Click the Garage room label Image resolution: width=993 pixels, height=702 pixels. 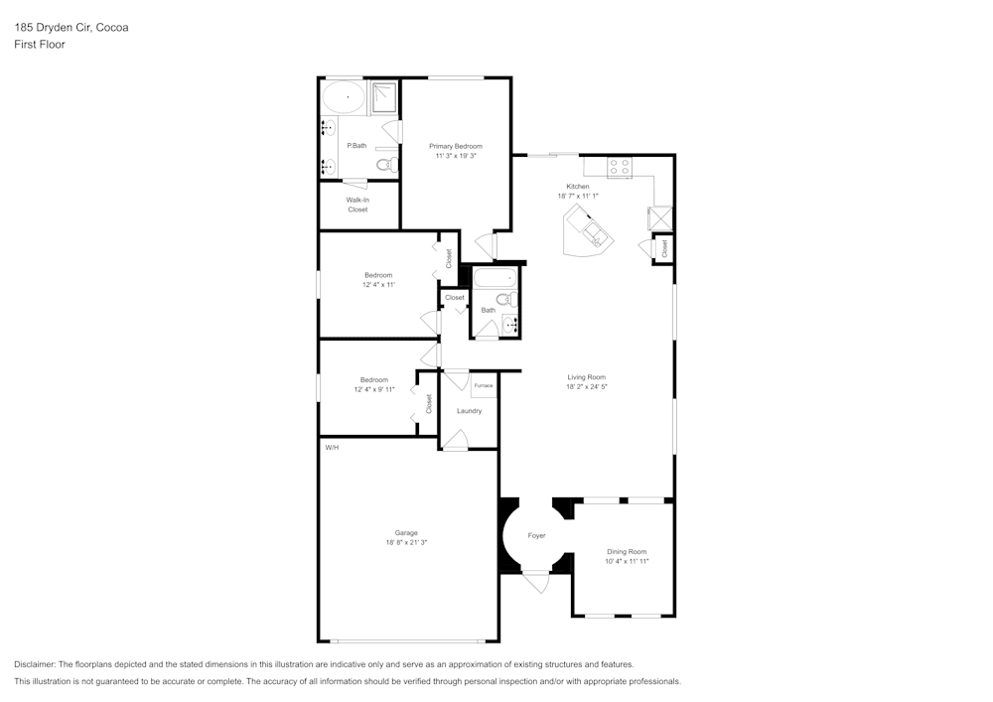point(406,533)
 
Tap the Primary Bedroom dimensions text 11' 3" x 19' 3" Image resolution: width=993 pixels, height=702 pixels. point(456,156)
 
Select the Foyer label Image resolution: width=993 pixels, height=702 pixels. point(536,535)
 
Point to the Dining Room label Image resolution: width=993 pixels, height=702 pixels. point(627,552)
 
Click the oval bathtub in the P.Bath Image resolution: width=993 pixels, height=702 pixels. point(344,98)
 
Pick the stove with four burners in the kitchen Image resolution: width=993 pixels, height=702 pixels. point(620,167)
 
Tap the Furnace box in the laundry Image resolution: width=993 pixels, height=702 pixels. point(484,385)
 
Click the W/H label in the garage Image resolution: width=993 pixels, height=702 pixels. point(332,448)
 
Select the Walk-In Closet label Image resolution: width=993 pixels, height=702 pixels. point(357,205)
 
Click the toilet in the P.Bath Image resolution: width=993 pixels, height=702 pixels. point(386,165)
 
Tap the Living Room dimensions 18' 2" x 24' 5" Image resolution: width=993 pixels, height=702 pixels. point(587,387)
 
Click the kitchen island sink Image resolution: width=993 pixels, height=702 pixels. point(595,233)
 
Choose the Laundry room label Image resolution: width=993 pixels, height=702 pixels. point(470,411)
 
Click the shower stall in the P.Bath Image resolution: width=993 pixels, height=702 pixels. point(383,98)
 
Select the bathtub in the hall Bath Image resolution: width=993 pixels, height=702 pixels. point(496,278)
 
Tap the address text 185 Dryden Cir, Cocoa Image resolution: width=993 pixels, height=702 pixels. point(71,27)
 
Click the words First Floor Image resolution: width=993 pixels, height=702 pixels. point(40,45)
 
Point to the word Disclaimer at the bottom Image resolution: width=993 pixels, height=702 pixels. point(34,664)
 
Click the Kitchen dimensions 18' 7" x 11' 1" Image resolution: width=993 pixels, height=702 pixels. point(578,197)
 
